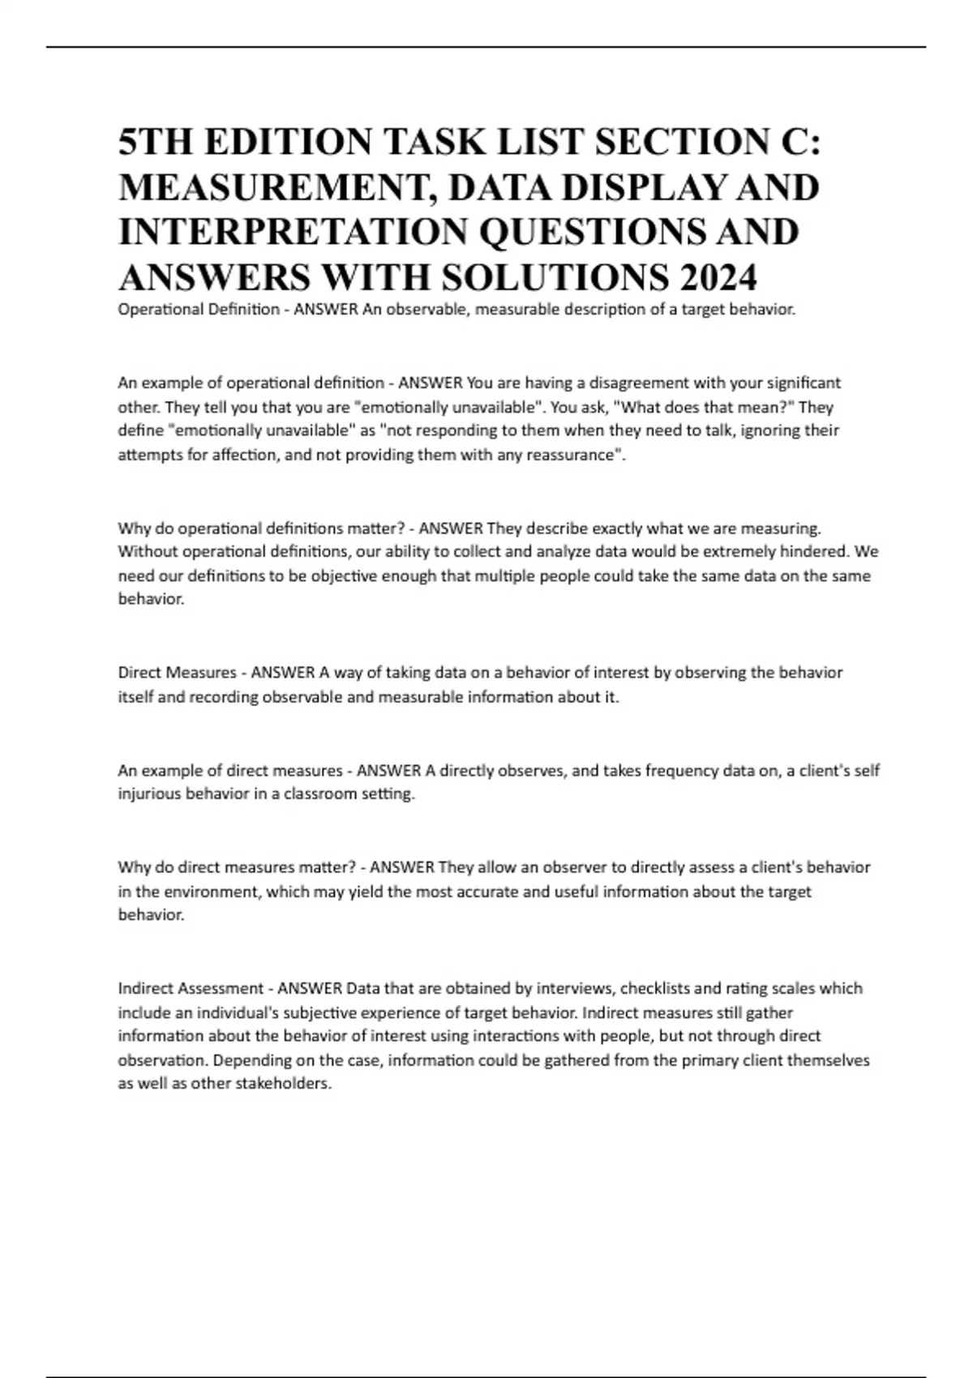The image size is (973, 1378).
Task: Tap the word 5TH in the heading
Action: tap(156, 143)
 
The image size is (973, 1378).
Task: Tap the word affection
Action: tap(242, 455)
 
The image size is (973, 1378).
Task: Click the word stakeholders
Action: tap(283, 1084)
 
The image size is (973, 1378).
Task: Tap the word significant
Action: tap(799, 383)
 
